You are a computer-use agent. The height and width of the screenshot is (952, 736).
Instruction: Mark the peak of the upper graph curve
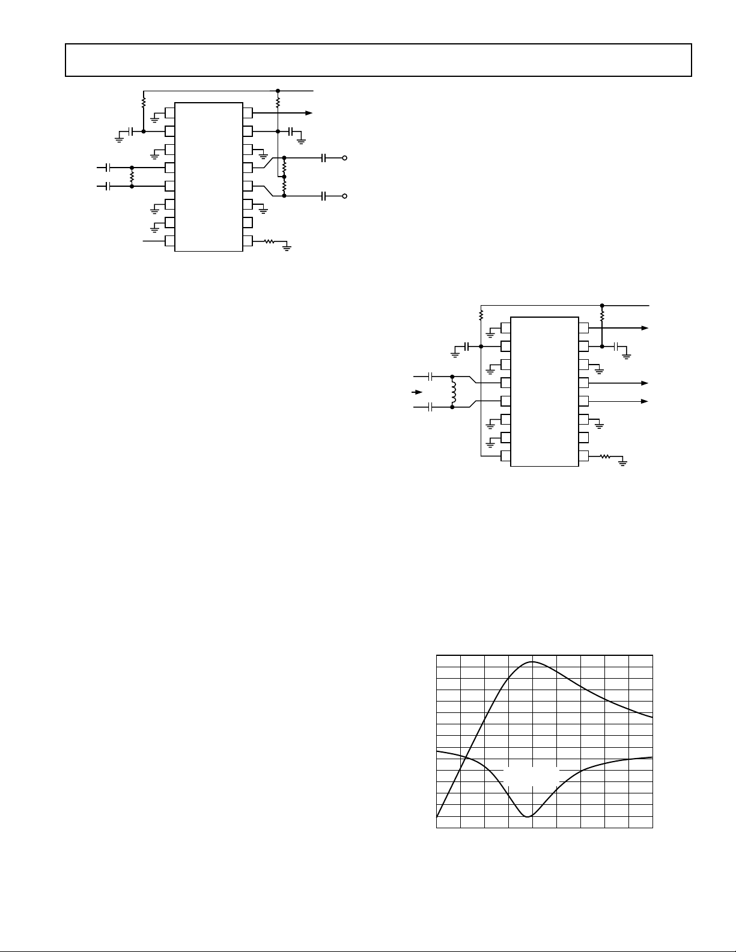click(532, 662)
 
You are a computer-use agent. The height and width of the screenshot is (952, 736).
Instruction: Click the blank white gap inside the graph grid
click(531, 775)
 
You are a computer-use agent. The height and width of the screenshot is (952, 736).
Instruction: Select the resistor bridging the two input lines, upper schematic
click(132, 177)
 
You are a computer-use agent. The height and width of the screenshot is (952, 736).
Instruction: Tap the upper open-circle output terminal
click(344, 158)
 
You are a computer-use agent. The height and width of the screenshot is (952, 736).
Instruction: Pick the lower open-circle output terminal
click(344, 196)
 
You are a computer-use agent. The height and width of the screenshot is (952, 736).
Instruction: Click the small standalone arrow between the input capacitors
click(415, 392)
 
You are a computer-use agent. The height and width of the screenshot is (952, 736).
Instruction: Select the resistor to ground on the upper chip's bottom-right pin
click(269, 242)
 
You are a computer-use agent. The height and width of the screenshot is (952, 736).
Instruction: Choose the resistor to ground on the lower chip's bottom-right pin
click(605, 456)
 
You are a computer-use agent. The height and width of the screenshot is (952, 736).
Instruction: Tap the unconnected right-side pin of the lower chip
click(583, 437)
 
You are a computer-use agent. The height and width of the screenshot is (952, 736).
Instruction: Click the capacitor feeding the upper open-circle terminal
click(324, 158)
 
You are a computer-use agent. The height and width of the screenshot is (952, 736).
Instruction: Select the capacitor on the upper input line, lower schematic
click(431, 377)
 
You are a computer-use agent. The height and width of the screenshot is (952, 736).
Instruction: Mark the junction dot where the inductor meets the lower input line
click(452, 407)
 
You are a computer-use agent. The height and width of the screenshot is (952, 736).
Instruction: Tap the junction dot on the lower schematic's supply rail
click(602, 305)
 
